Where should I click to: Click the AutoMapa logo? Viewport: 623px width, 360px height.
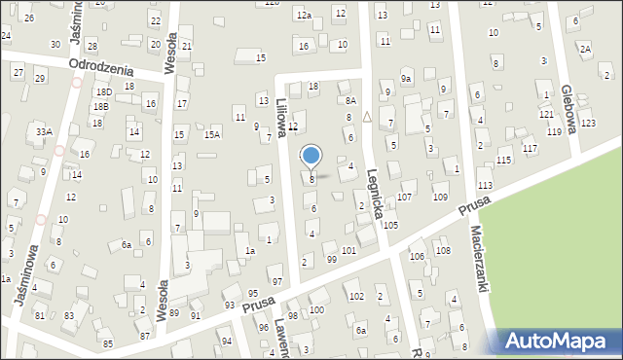point(561,342)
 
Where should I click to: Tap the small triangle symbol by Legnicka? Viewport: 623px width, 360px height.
point(367,117)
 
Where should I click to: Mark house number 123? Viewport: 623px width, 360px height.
point(587,123)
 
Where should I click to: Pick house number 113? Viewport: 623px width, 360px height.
point(485,186)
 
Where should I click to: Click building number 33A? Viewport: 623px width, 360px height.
point(43,131)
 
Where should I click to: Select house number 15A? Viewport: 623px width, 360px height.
point(211,135)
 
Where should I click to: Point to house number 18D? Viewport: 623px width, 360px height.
point(103,91)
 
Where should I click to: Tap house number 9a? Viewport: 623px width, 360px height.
point(406,78)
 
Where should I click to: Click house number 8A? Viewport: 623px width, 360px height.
point(350,100)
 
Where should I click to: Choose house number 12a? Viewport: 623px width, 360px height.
point(304,16)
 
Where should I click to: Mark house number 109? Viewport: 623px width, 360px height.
point(440,198)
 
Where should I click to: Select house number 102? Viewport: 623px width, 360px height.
point(356,296)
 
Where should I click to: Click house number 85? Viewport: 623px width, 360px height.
point(107,344)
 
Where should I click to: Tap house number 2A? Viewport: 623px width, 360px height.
point(585,48)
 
